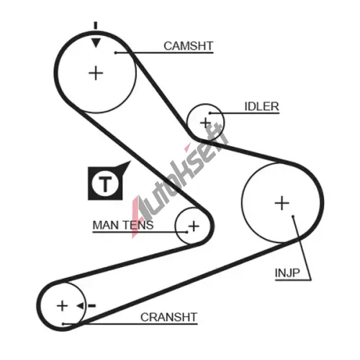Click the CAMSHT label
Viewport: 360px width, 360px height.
(189, 46)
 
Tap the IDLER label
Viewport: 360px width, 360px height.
(261, 107)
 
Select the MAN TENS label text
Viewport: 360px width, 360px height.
(123, 225)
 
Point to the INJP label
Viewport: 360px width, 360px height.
(287, 273)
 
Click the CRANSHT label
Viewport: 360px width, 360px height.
(168, 318)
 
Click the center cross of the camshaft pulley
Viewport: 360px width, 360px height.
(96, 73)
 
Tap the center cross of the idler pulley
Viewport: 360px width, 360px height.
(205, 122)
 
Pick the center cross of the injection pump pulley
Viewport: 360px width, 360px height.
(282, 203)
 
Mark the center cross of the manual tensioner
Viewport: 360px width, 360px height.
(194, 226)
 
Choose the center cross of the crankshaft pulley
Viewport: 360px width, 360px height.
(62, 306)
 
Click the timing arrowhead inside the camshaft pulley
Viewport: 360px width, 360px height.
(96, 42)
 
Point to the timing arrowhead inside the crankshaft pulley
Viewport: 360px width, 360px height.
(80, 306)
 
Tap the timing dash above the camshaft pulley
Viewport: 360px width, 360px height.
(96, 25)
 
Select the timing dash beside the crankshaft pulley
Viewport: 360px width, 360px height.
(92, 306)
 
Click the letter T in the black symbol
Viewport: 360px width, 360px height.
(105, 184)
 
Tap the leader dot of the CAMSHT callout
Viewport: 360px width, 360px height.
(115, 53)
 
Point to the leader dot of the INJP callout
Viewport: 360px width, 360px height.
(293, 217)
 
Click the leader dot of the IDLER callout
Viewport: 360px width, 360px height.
(210, 113)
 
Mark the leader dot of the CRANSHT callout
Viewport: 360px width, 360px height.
(63, 324)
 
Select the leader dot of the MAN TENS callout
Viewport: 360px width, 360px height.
(186, 232)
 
